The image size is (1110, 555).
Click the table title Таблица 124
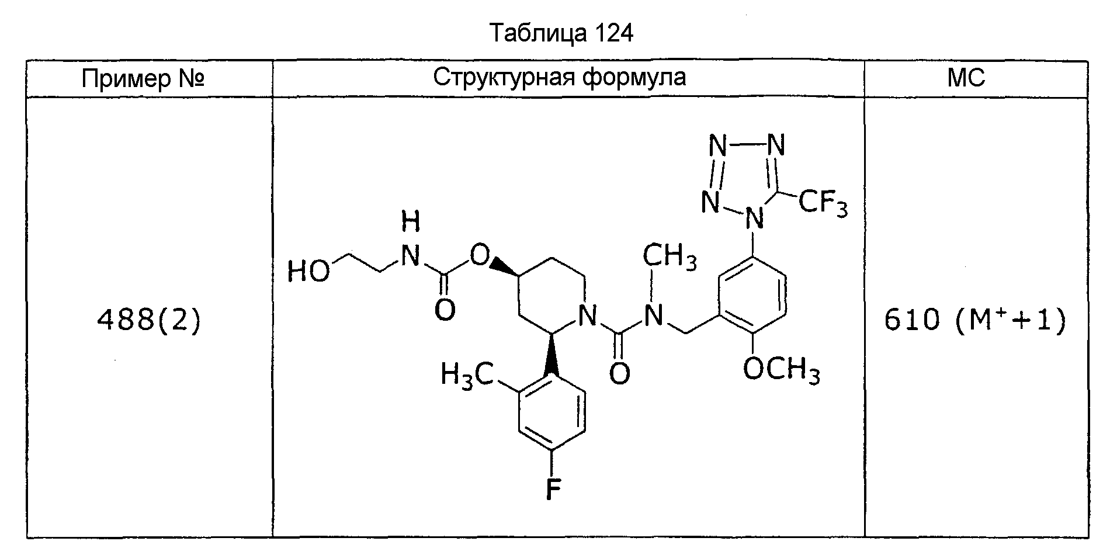561,34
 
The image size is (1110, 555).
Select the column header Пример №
143,78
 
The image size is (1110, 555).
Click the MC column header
966,78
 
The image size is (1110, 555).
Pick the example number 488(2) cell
148,320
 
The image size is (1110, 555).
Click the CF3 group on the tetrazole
822,204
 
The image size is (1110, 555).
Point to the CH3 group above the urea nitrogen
670,257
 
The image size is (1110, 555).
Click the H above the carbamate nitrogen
411,223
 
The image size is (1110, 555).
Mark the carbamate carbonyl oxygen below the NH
445,310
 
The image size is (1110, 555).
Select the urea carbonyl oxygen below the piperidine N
620,373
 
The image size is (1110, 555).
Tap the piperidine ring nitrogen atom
588,317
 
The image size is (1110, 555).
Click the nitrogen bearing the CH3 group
653,317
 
